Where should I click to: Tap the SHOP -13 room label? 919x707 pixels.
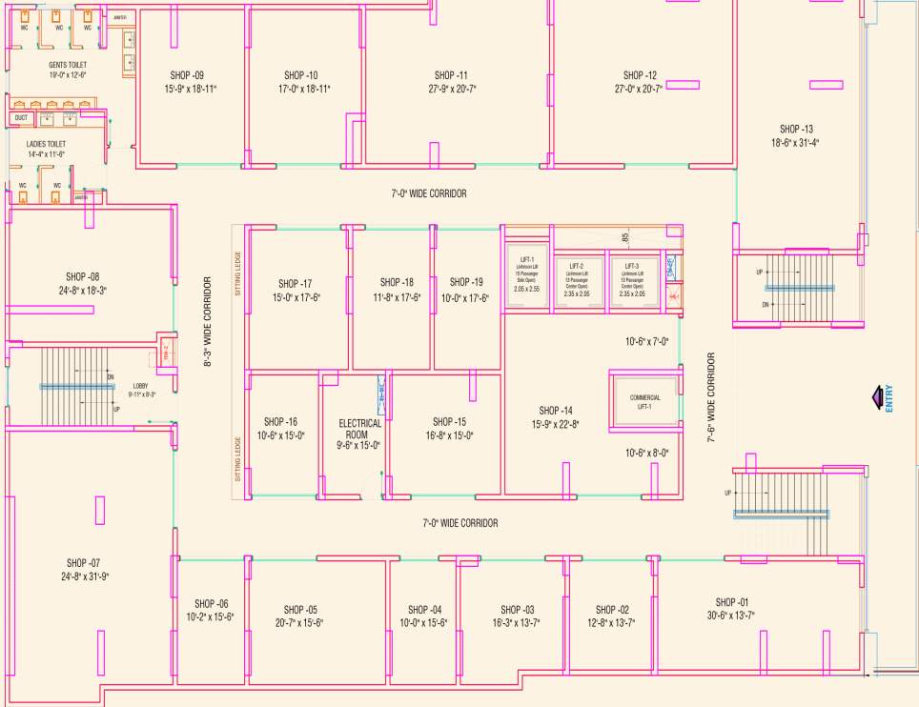pyautogui.click(x=796, y=130)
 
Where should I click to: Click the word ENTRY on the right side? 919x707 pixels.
pyautogui.click(x=889, y=397)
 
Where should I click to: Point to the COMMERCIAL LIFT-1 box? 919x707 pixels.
pyautogui.click(x=644, y=401)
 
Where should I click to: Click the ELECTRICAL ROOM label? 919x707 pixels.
pyautogui.click(x=359, y=429)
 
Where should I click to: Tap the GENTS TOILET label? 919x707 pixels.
pyautogui.click(x=69, y=65)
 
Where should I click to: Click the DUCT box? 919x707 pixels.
pyautogui.click(x=21, y=118)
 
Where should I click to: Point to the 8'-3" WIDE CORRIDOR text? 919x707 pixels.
pyautogui.click(x=207, y=322)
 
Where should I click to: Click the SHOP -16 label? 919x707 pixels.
pyautogui.click(x=280, y=421)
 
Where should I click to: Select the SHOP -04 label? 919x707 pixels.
pyautogui.click(x=424, y=610)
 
